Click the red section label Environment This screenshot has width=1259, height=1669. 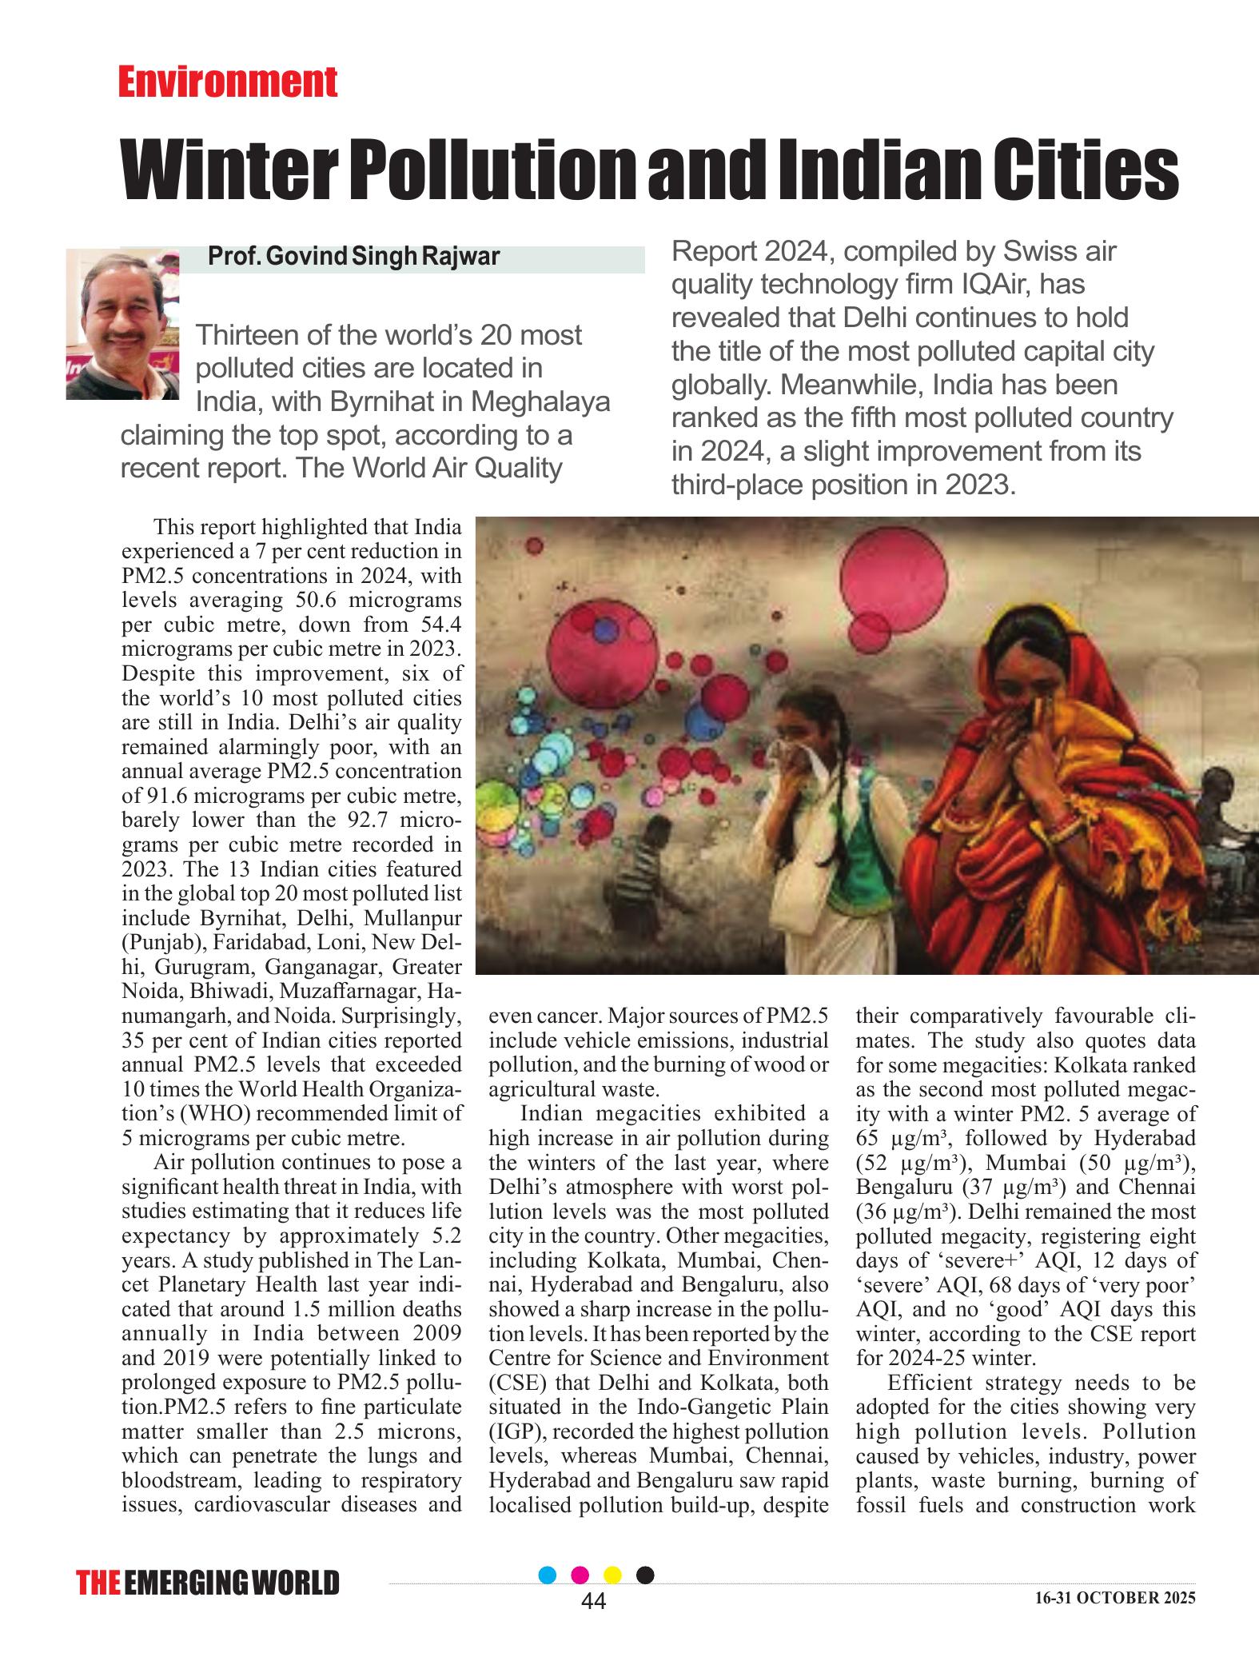[x=228, y=83]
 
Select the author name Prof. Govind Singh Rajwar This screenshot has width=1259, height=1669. [x=353, y=257]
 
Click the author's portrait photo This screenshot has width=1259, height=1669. [x=122, y=323]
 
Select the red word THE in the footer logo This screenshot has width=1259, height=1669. [x=98, y=1583]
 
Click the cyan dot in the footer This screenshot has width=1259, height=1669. [x=548, y=1575]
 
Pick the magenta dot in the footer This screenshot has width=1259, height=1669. [x=581, y=1575]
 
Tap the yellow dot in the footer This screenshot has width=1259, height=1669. [x=613, y=1575]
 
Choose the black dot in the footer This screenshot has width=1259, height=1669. [x=645, y=1575]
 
